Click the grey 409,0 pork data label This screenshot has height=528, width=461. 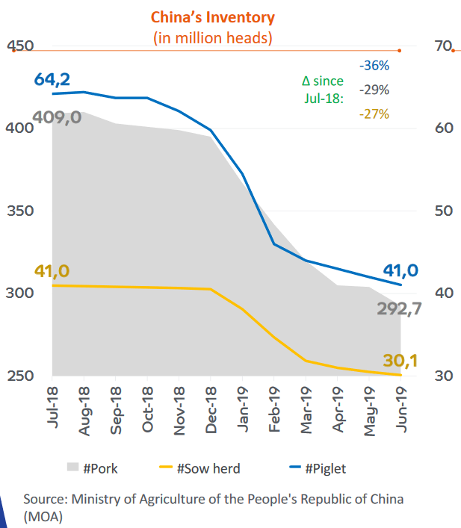coord(57,118)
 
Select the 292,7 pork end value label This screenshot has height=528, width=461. coord(398,308)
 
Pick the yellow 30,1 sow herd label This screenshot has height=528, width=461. coord(400,361)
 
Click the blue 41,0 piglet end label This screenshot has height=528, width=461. coord(400,270)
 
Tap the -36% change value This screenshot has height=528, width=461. coord(374,66)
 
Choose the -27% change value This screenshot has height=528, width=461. coord(374,114)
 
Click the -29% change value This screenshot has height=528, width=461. coord(374,90)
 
